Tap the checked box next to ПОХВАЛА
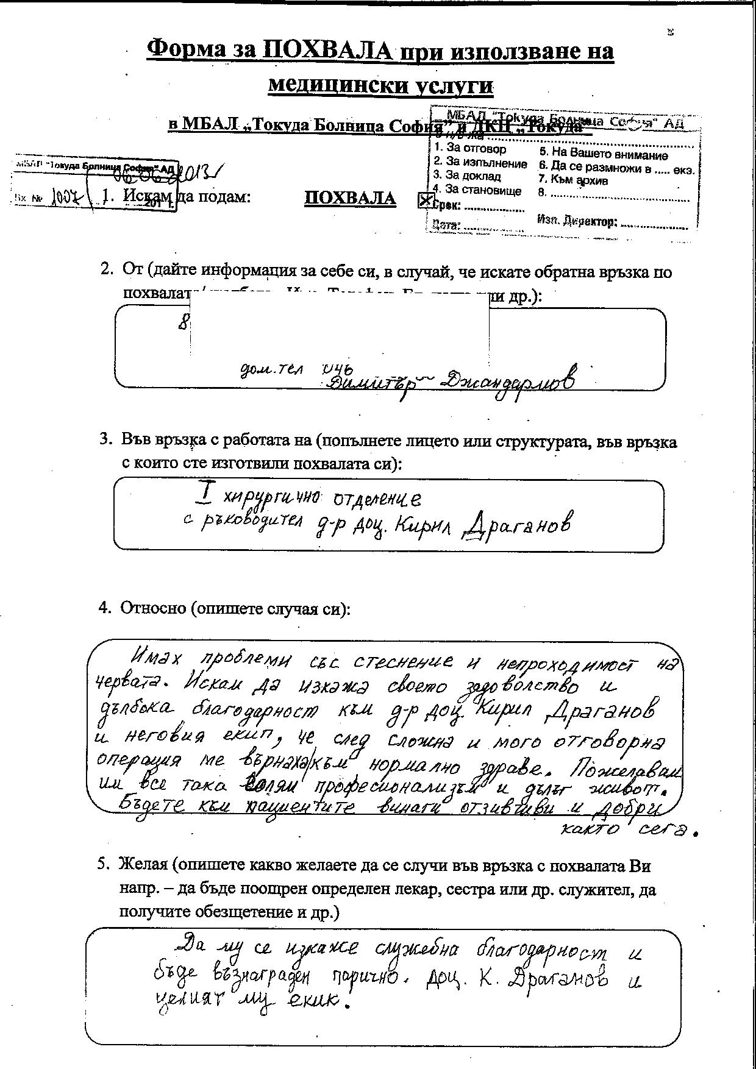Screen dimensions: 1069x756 pyautogui.click(x=425, y=201)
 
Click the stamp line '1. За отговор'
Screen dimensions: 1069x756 pyautogui.click(x=470, y=149)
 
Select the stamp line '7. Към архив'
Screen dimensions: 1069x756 pyautogui.click(x=573, y=180)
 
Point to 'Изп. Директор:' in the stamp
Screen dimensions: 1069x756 pyautogui.click(x=577, y=221)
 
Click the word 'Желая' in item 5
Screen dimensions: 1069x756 pyautogui.click(x=143, y=865)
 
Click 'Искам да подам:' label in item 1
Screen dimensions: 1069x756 pyautogui.click(x=187, y=197)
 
